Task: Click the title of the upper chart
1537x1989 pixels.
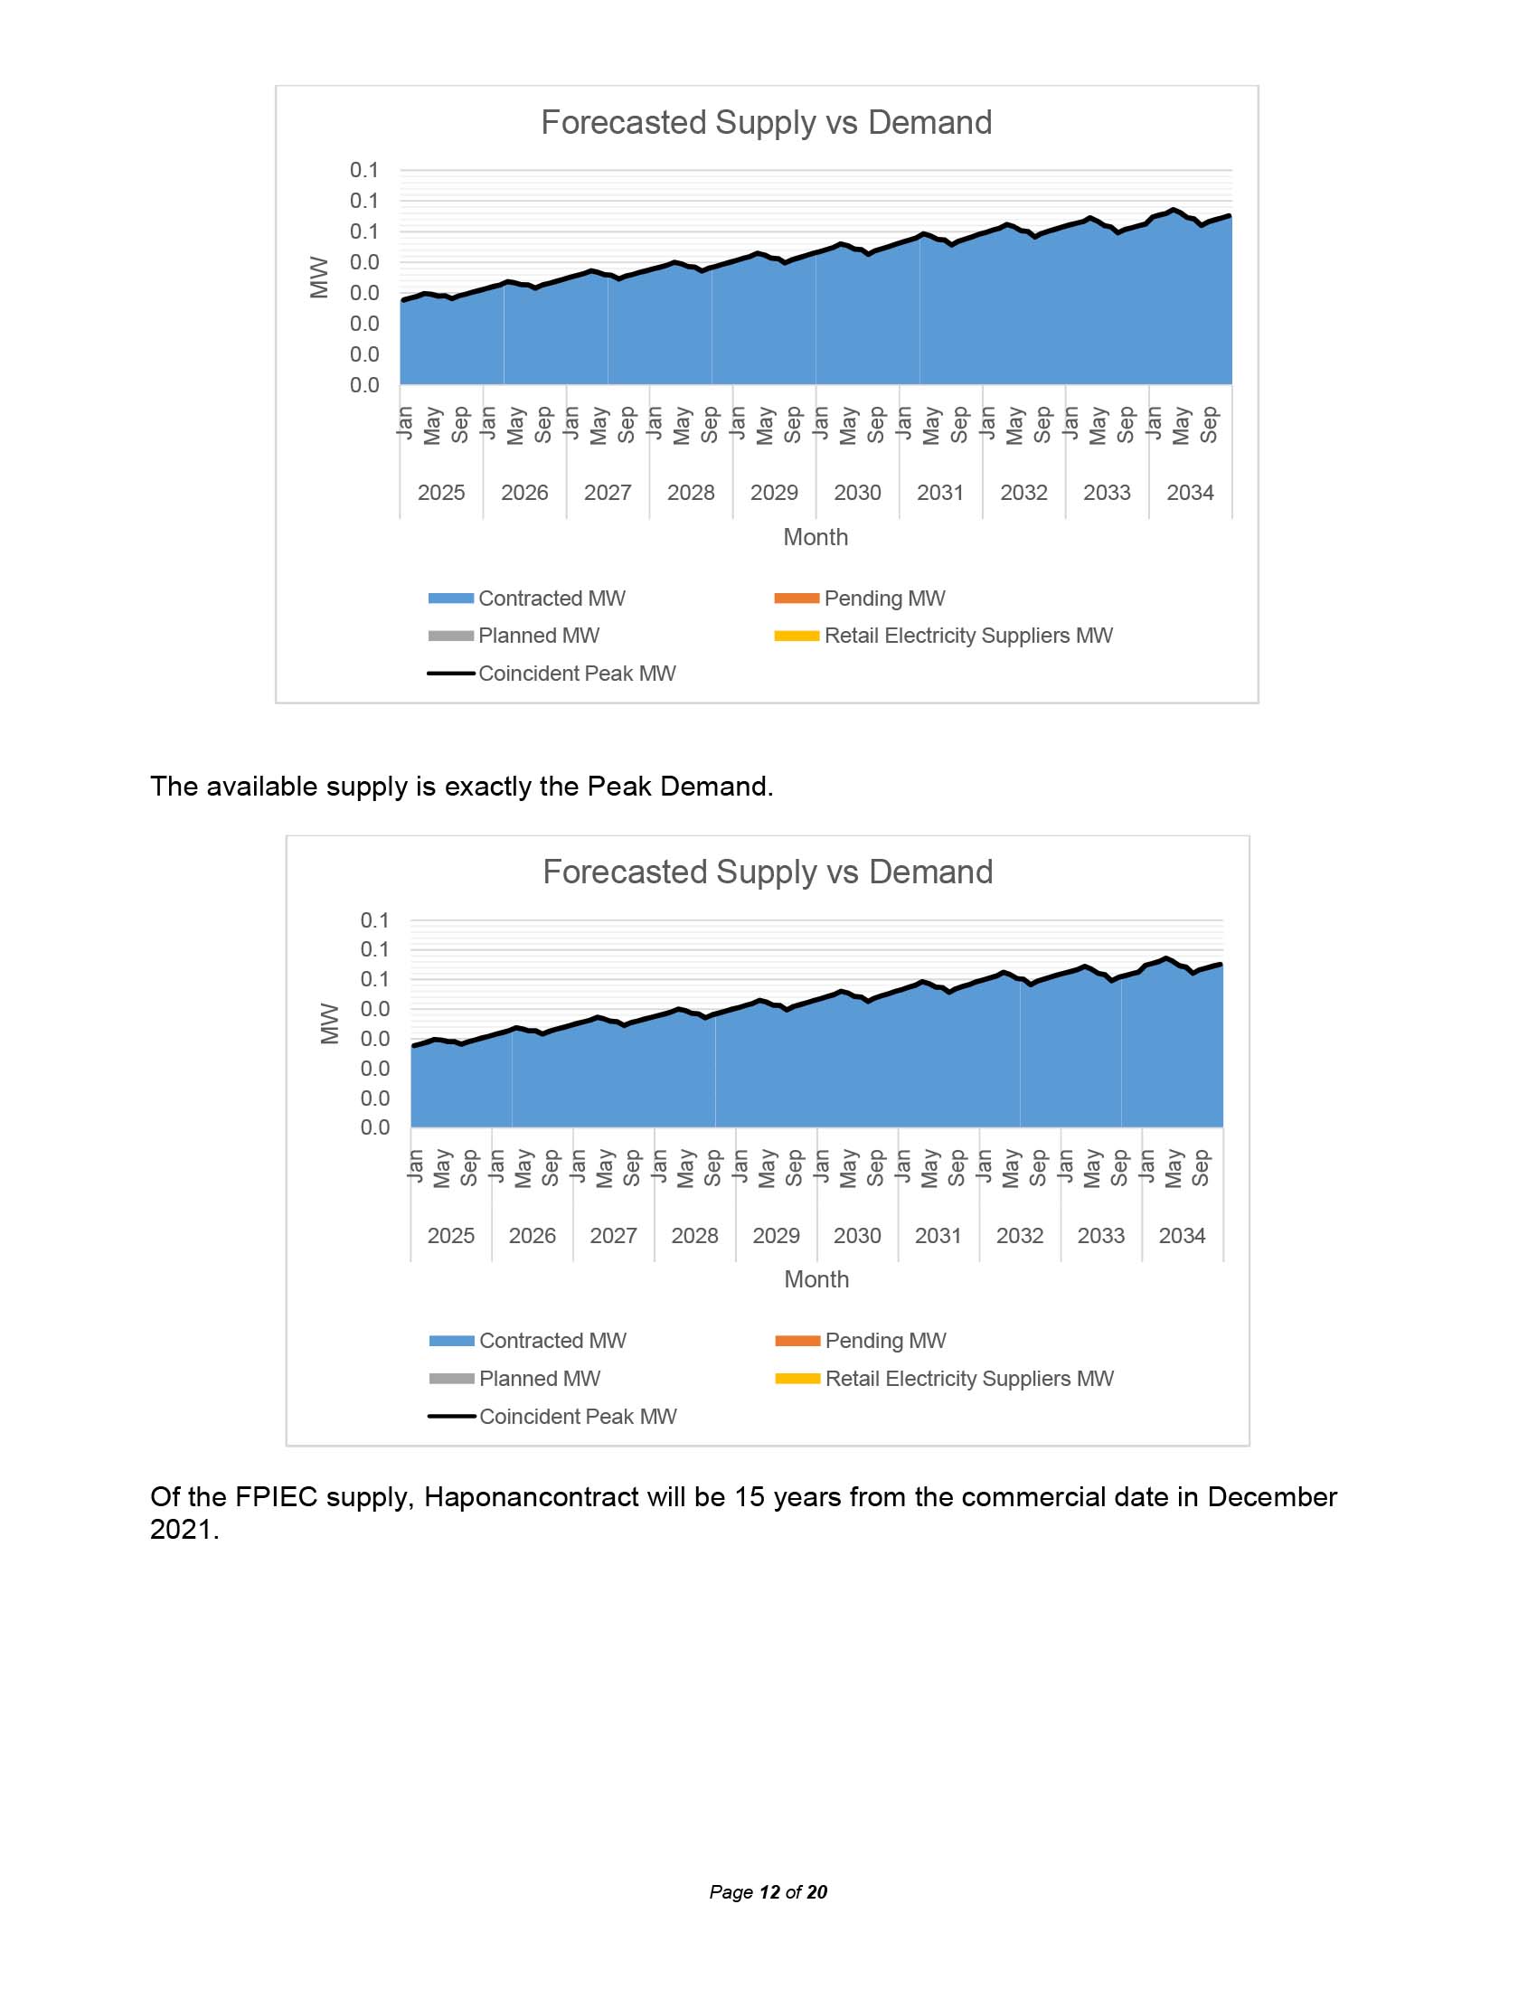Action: pos(766,123)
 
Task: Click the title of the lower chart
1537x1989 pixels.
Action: pos(767,872)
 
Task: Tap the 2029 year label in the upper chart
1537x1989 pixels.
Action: pos(774,493)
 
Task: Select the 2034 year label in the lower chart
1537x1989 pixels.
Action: pos(1182,1236)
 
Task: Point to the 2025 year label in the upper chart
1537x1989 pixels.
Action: pos(440,493)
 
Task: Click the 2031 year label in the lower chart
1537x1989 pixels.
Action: pos(938,1236)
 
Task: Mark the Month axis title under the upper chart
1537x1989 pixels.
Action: pos(815,537)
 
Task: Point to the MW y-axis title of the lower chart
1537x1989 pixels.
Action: pos(330,1023)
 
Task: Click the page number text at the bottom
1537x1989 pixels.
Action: pos(768,1892)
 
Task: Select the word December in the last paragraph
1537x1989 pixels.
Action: pos(1272,1497)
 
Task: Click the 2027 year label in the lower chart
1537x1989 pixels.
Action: pos(613,1236)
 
